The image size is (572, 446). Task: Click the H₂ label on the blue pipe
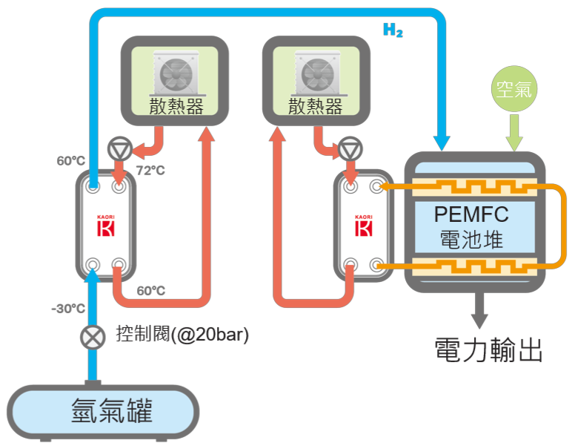tap(393, 30)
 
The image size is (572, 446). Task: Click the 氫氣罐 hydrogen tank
tap(104, 410)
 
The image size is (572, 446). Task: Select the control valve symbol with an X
tap(92, 338)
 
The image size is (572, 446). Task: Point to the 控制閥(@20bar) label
tap(182, 335)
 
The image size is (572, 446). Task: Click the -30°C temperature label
tap(68, 309)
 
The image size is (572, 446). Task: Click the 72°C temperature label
tap(150, 171)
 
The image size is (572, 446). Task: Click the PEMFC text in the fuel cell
tap(471, 214)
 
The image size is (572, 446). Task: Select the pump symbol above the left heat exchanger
tap(118, 148)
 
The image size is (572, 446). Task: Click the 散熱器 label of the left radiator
tap(176, 107)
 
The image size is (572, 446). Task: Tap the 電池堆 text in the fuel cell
tap(471, 239)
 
